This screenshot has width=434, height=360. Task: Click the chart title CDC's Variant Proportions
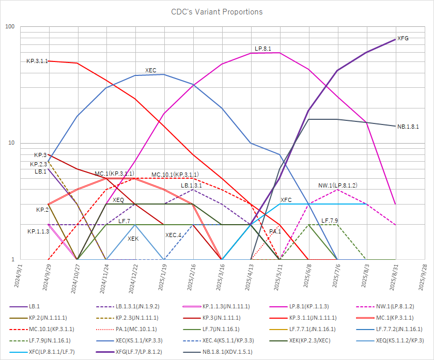click(x=217, y=11)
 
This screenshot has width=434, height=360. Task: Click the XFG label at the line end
click(x=403, y=39)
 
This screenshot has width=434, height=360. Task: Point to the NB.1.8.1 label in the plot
click(x=408, y=126)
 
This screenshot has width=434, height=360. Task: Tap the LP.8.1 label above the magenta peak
click(x=263, y=48)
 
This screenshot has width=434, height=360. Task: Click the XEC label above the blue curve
click(x=151, y=70)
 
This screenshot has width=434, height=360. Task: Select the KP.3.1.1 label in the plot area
click(x=37, y=61)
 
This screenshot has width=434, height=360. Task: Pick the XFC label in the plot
click(x=286, y=199)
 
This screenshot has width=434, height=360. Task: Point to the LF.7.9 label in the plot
click(x=330, y=221)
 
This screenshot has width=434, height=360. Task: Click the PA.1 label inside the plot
click(x=275, y=231)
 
